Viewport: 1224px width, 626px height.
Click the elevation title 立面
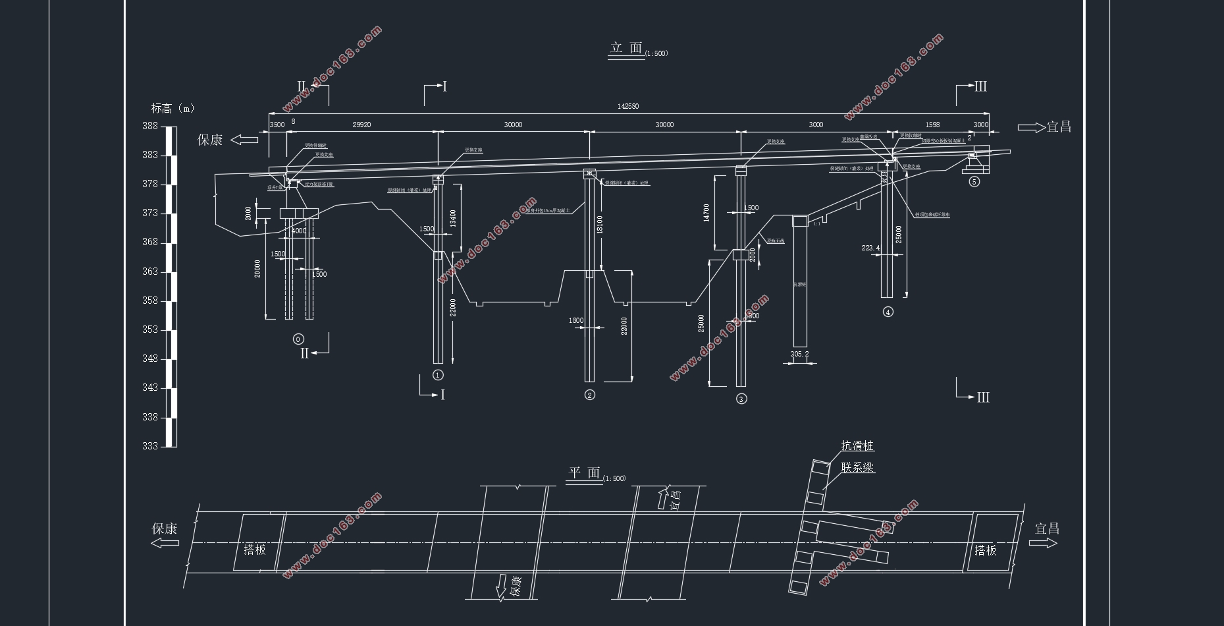point(626,48)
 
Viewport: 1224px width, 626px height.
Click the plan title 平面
point(585,473)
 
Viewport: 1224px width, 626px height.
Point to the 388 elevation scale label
point(150,126)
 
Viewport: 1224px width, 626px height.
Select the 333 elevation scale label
point(150,446)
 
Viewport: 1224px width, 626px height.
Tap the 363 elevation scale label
point(150,271)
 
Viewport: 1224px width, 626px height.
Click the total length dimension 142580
point(627,106)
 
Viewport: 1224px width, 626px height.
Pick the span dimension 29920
point(361,125)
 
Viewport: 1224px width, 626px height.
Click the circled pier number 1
point(438,375)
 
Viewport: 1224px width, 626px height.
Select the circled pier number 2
point(589,395)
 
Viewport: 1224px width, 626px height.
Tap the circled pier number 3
point(741,399)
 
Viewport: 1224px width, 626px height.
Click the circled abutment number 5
point(974,182)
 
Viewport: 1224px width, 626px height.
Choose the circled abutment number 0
point(298,339)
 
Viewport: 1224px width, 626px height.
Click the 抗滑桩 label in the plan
point(857,446)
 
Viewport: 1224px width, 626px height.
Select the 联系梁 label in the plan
point(857,468)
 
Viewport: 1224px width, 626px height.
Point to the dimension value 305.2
point(799,355)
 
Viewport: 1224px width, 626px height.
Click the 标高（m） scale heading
point(173,109)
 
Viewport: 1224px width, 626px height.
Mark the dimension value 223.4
point(870,248)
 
